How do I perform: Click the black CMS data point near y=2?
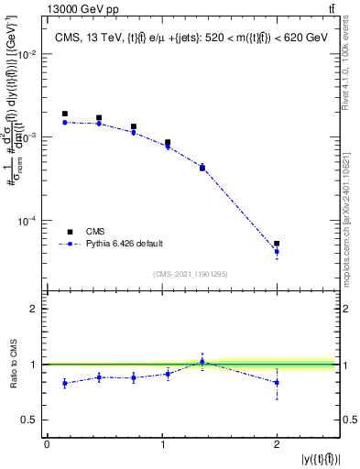(277, 244)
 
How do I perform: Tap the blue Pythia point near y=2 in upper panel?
(277, 252)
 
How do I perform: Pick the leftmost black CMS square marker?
(64, 114)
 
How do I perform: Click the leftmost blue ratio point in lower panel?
(64, 383)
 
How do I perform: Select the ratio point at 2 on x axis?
(277, 383)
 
